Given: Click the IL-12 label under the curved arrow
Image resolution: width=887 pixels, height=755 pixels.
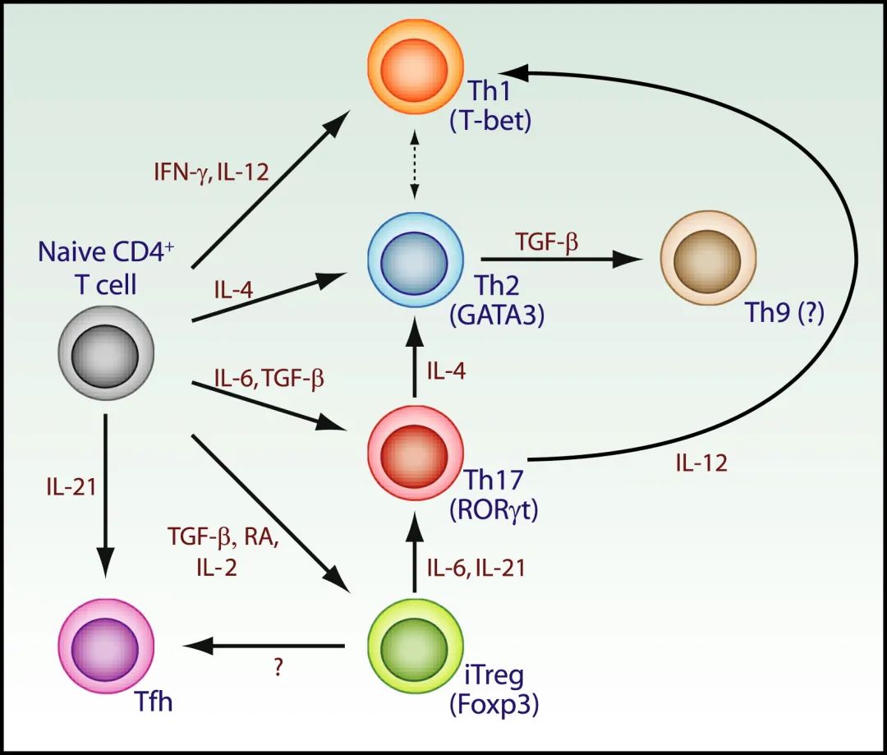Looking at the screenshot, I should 701,463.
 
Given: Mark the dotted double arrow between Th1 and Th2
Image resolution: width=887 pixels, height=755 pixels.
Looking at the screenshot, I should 416,163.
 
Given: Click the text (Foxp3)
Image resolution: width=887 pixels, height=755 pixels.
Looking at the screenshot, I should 494,705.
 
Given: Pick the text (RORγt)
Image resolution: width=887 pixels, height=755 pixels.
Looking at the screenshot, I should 493,509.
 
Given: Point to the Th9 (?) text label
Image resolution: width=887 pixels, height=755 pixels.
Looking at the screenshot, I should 781,313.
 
